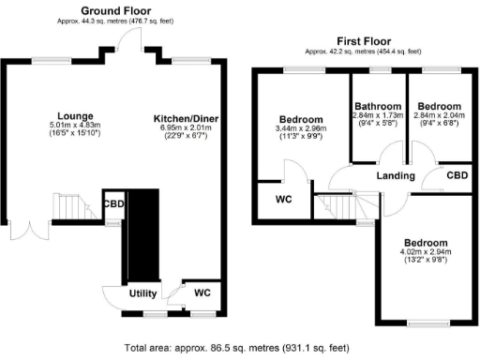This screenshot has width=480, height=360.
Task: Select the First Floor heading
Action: point(361,41)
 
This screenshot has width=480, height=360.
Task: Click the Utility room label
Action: point(143,293)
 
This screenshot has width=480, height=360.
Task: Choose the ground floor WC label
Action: point(202,293)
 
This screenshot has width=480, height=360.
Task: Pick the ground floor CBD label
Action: point(113,203)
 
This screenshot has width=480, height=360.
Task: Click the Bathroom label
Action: point(378,106)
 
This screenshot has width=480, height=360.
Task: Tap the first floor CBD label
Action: point(457,175)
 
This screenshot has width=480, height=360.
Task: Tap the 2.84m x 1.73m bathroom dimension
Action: point(378,115)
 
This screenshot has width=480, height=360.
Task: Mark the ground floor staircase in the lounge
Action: point(76,205)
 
